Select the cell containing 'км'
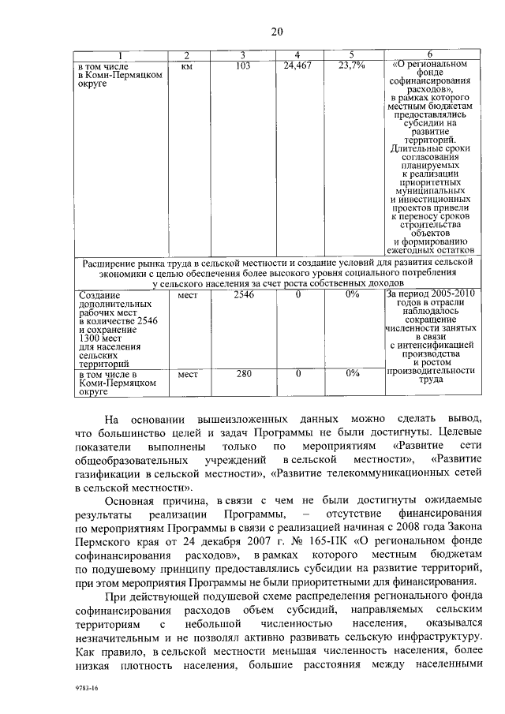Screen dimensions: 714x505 pyautogui.click(x=187, y=66)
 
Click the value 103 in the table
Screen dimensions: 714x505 pyautogui.click(x=243, y=66)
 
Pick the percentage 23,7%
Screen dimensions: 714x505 pyautogui.click(x=351, y=66)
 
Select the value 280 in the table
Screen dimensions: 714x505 pyautogui.click(x=243, y=374)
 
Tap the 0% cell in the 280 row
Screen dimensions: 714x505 pyautogui.click(x=351, y=374)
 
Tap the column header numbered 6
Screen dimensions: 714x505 pyautogui.click(x=429, y=54)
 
